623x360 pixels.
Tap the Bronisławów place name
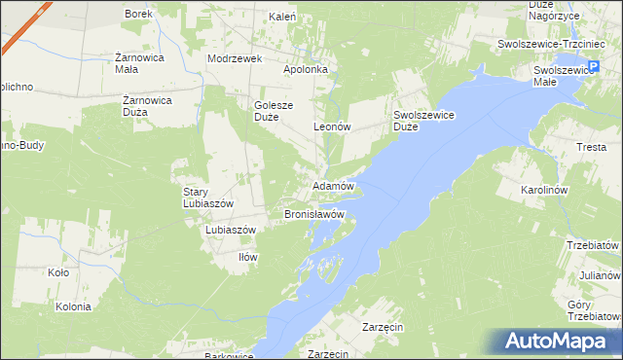point(314,213)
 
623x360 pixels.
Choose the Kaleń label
point(283,18)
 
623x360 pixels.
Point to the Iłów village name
point(247,257)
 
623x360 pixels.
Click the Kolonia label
point(73,306)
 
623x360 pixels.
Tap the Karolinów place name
point(571,191)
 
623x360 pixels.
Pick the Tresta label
point(591,147)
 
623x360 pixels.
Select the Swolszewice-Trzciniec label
point(545,45)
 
